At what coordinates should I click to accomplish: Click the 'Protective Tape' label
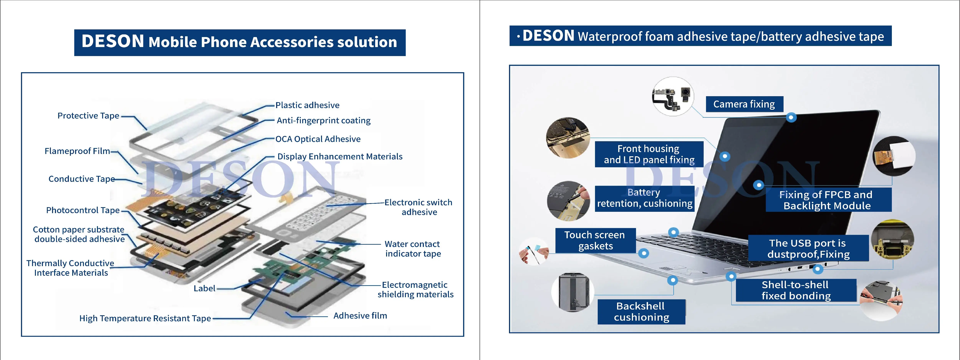tap(88, 116)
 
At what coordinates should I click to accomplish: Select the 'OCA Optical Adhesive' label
tap(318, 139)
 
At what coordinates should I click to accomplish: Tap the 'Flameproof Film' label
tap(77, 151)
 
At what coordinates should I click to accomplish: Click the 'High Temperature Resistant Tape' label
tap(145, 318)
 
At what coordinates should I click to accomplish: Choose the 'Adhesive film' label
tap(360, 316)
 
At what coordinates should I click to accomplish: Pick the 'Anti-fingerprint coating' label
tap(324, 120)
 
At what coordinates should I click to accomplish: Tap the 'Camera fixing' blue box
tap(744, 104)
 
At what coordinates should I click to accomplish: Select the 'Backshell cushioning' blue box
tap(641, 312)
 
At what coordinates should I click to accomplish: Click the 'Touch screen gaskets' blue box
tap(595, 240)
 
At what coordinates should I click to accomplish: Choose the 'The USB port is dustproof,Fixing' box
tap(808, 249)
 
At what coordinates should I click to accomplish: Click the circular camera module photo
tap(673, 97)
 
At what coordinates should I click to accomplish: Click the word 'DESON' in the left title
tap(113, 41)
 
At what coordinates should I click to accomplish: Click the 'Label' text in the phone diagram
tap(204, 288)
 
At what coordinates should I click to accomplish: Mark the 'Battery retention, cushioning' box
tap(644, 198)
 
